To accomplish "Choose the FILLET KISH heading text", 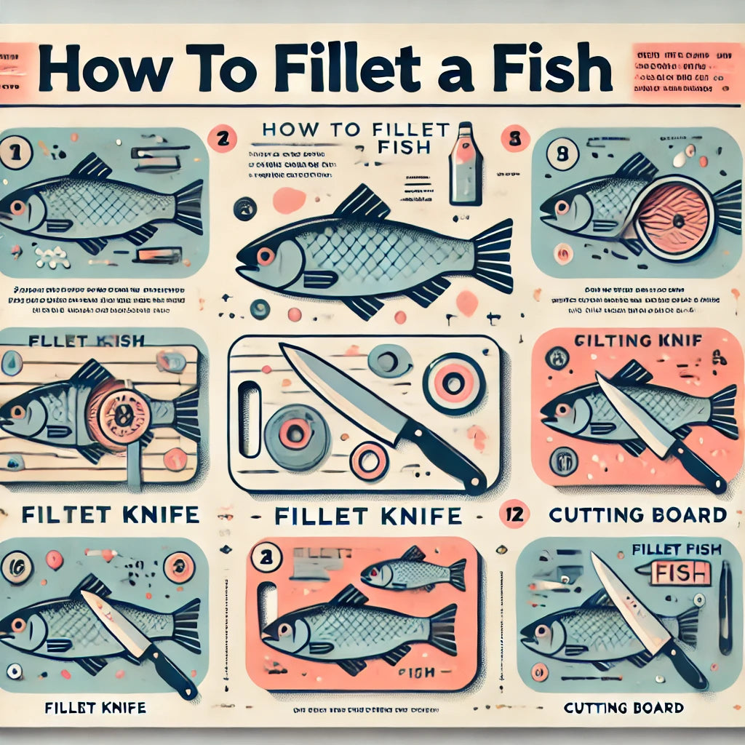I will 86,340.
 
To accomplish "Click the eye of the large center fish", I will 265,256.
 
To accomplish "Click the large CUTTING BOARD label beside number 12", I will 637,516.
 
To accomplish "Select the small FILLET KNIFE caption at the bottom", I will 95,707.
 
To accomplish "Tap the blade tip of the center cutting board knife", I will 284,347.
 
